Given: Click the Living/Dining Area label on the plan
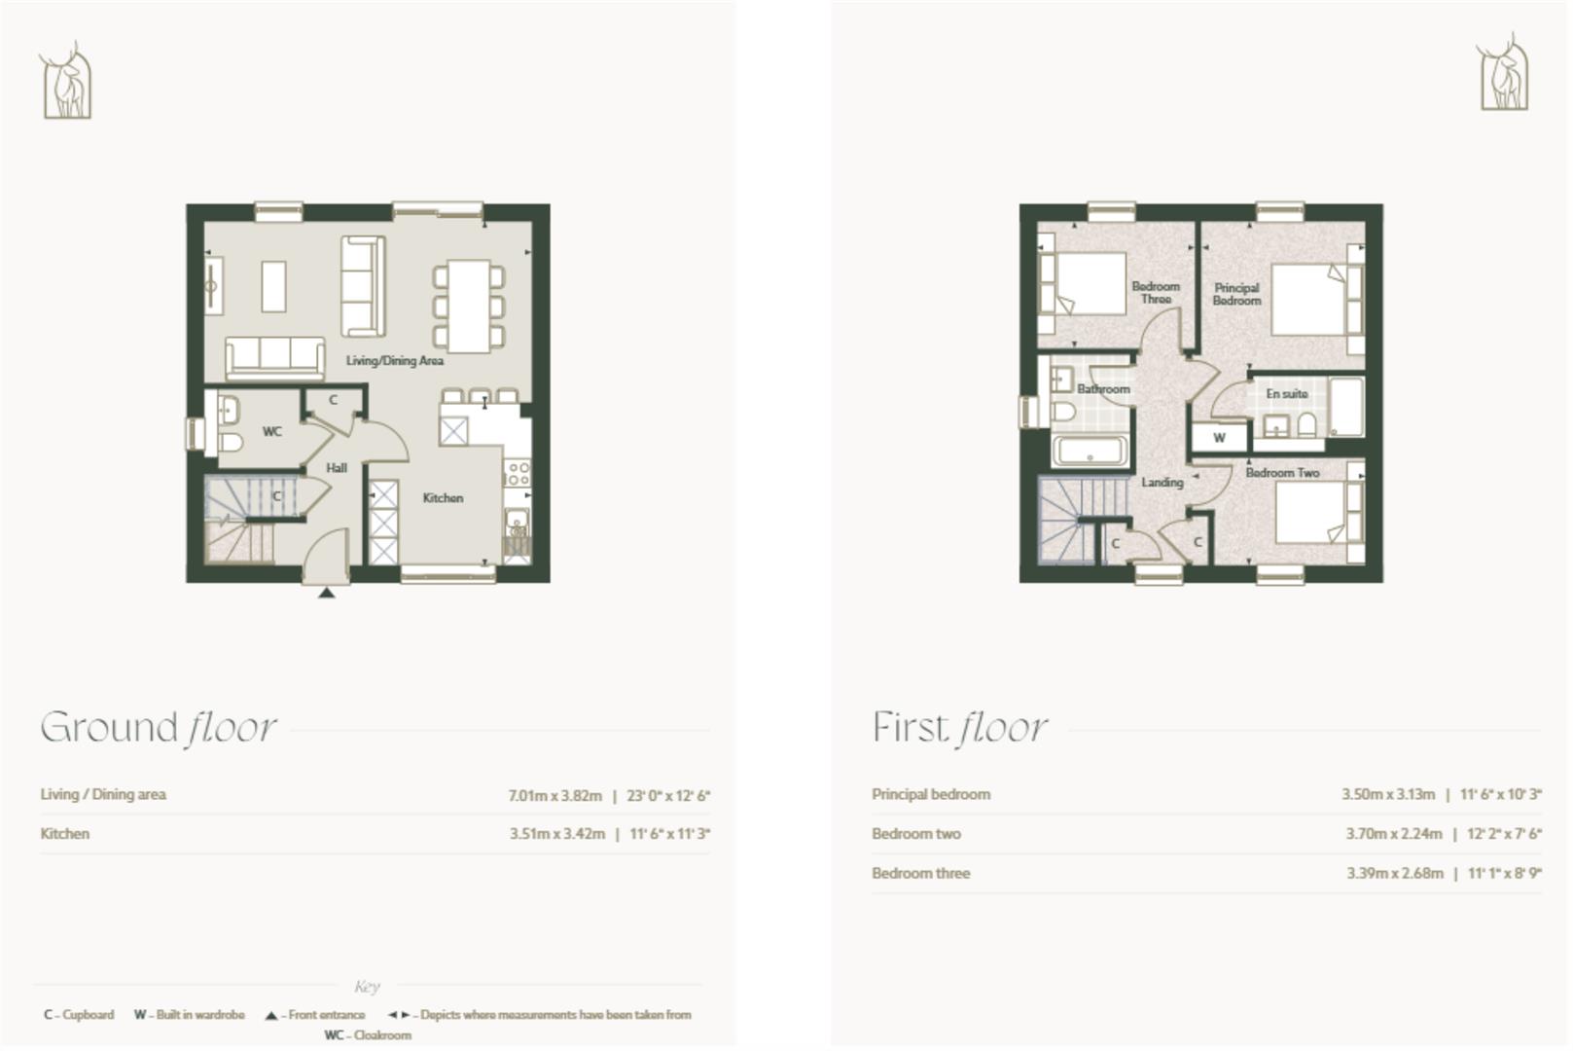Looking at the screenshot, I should [x=395, y=361].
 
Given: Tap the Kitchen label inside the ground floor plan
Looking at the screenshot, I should [x=443, y=498].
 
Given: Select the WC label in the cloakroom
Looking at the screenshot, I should [x=272, y=431].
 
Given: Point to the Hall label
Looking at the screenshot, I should [x=337, y=468].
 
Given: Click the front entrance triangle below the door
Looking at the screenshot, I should [x=327, y=592].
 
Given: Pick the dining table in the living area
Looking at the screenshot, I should [x=469, y=306].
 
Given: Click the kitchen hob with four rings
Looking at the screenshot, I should [x=518, y=474].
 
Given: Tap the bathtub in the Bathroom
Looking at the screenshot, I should [x=1090, y=452].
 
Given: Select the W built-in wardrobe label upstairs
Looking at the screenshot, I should [x=1219, y=439].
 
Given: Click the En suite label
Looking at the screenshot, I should [x=1286, y=394].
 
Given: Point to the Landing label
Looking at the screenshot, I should [x=1162, y=483].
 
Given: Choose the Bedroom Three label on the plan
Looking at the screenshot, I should [x=1156, y=293].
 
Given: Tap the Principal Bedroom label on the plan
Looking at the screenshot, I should [x=1236, y=295].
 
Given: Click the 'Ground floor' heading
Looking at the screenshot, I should [x=159, y=728].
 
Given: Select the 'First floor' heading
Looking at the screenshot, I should [x=959, y=728].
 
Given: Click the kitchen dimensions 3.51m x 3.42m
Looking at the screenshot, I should [x=557, y=834].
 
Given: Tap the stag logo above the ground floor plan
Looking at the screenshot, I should [x=66, y=81].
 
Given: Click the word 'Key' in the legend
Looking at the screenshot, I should [x=367, y=987].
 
